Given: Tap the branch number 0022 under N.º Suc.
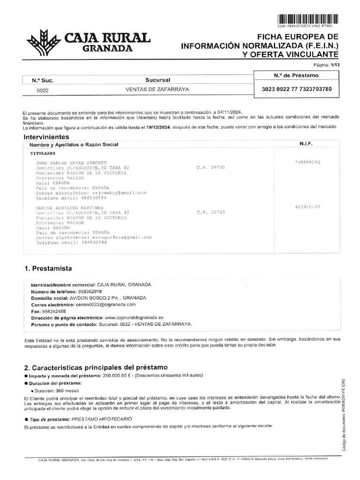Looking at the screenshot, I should pyautogui.click(x=43, y=90).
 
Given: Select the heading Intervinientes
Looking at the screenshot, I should pyautogui.click(x=49, y=136).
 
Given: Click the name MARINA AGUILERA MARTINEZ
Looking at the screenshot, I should pyautogui.click(x=70, y=207).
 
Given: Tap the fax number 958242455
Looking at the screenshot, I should pyautogui.click(x=53, y=311).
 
